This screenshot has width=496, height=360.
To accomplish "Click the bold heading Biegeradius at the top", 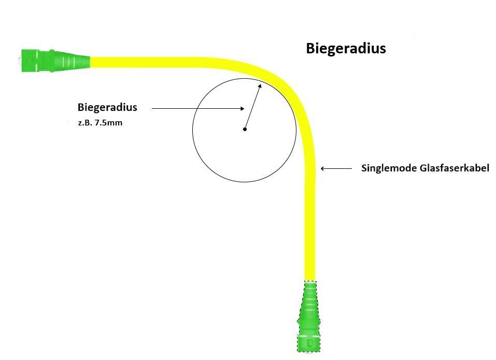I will click(x=346, y=49).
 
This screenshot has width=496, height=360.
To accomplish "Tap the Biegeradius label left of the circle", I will click(x=107, y=107).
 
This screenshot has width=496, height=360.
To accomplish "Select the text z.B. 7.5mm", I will click(x=100, y=123).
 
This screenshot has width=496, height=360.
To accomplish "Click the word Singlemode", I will click(x=384, y=168).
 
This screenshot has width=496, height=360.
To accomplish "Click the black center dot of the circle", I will click(x=245, y=129).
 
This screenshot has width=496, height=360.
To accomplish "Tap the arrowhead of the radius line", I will click(x=260, y=87).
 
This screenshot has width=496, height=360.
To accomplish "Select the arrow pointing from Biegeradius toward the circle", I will click(x=197, y=108).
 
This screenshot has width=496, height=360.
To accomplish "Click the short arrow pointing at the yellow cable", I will click(x=332, y=168).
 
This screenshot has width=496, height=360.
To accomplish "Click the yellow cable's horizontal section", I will click(x=155, y=62).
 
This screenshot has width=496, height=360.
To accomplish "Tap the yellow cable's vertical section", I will click(x=309, y=223).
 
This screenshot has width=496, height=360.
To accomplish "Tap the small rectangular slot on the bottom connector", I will click(x=309, y=343).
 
